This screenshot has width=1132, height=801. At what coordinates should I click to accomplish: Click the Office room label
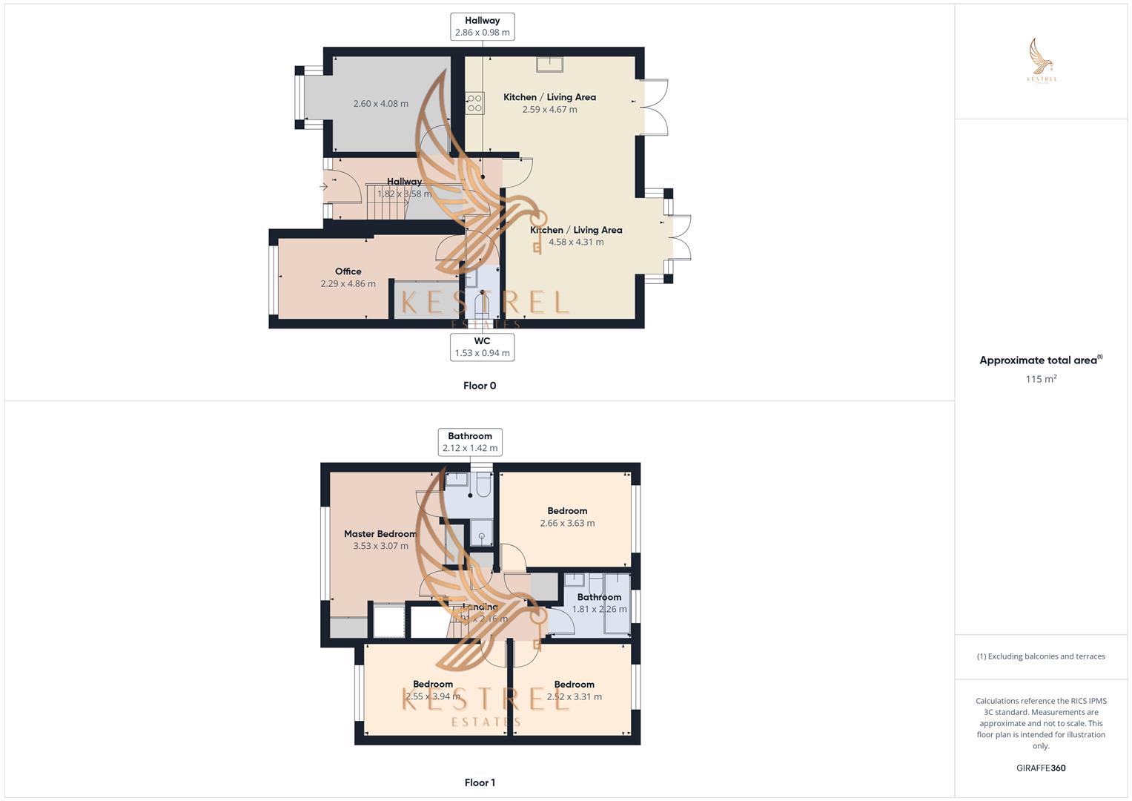coord(348,271)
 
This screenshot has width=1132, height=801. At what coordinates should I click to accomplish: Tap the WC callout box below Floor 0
coord(482,347)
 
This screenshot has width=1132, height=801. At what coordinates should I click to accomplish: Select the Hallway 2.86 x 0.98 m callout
coord(482,27)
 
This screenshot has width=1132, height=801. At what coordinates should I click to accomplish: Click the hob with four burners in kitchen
coord(474,103)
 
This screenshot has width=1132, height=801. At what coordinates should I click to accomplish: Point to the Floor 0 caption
coord(480,386)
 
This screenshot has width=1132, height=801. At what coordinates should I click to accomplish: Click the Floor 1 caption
coord(480,782)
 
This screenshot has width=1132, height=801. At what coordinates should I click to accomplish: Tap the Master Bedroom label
coord(380,534)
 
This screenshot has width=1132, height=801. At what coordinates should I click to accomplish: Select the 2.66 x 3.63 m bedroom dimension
coord(567,523)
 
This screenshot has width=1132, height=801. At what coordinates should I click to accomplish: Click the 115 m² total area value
coord(1041,379)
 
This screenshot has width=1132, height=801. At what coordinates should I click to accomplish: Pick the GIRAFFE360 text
coord(1041,768)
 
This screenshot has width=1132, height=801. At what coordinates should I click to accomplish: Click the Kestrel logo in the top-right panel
coord(1042,61)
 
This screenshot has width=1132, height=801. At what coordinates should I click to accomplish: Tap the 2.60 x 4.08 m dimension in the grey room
coord(380,104)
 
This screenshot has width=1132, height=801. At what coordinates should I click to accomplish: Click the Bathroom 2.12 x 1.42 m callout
coord(470,442)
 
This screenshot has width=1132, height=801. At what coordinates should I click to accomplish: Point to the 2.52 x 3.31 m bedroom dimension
coord(574,696)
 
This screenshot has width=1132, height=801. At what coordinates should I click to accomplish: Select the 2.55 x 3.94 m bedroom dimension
coord(433,696)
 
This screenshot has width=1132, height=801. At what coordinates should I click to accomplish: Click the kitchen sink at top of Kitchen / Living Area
coord(549,65)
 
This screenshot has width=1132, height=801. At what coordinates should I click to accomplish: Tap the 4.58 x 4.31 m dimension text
coord(576,242)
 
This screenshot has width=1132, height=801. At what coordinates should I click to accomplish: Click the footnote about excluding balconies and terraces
coord(1041,656)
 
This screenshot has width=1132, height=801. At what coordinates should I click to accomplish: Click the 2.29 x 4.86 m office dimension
coord(348,283)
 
